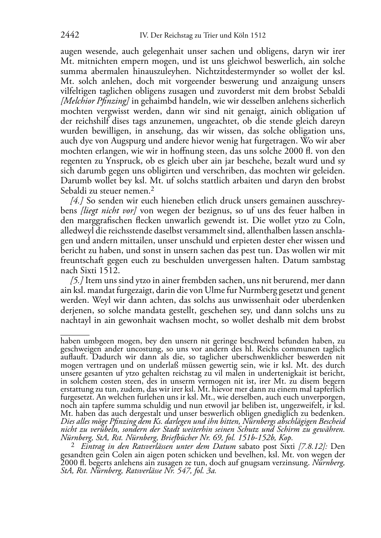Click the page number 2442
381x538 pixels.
70,36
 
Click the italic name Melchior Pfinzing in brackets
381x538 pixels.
95,101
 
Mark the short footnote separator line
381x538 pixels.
75,335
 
